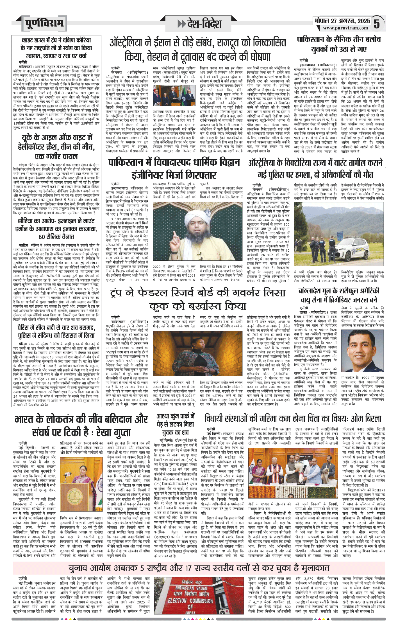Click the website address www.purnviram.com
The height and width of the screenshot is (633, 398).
345,28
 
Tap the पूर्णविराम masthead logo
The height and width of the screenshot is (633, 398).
44,24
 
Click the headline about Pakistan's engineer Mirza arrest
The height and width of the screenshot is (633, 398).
174,168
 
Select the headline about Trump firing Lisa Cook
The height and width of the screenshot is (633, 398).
198,299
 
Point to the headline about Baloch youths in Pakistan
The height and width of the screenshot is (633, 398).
339,44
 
